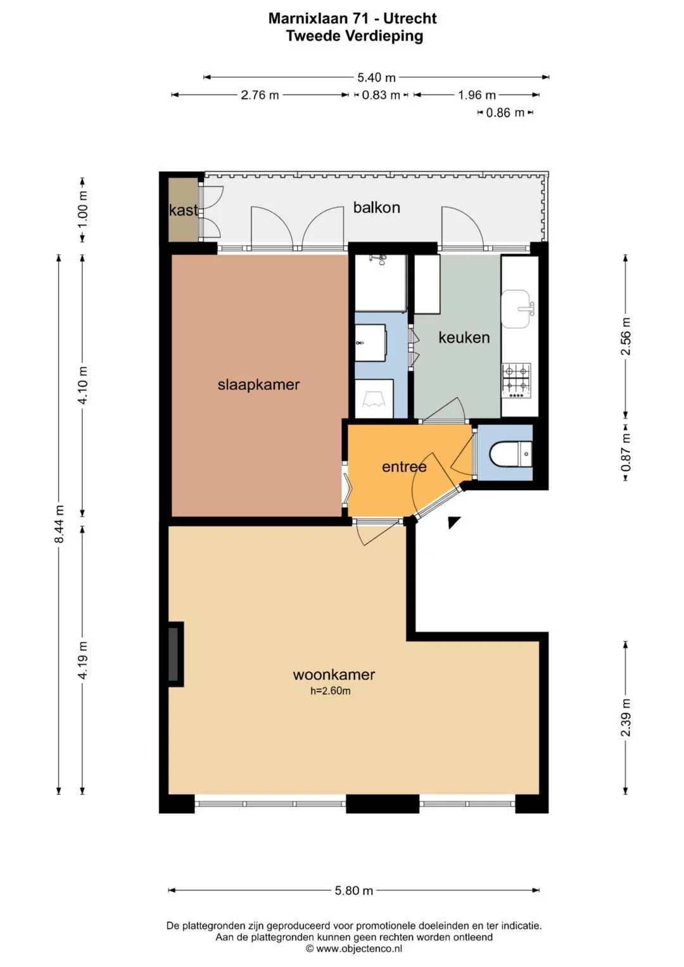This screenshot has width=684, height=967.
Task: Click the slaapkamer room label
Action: (258, 384)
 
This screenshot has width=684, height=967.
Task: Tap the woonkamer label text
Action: (334, 674)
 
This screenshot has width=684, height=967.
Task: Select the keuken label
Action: (464, 338)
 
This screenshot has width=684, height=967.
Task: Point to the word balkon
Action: (377, 208)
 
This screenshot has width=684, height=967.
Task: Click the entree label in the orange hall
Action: (404, 467)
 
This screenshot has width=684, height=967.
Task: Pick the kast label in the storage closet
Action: (183, 210)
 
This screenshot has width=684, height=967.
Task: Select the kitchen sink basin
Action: (516, 308)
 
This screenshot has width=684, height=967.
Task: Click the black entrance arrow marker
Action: (453, 522)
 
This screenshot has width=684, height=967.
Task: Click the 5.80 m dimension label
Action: (353, 890)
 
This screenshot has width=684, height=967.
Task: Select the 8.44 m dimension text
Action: (59, 524)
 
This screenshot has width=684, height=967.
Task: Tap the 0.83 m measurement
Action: (381, 95)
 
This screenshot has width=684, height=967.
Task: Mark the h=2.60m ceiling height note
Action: (331, 691)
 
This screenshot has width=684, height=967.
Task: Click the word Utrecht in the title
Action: (410, 18)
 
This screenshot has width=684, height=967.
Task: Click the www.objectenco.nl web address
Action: (359, 949)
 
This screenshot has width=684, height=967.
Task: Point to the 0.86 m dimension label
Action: (505, 113)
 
